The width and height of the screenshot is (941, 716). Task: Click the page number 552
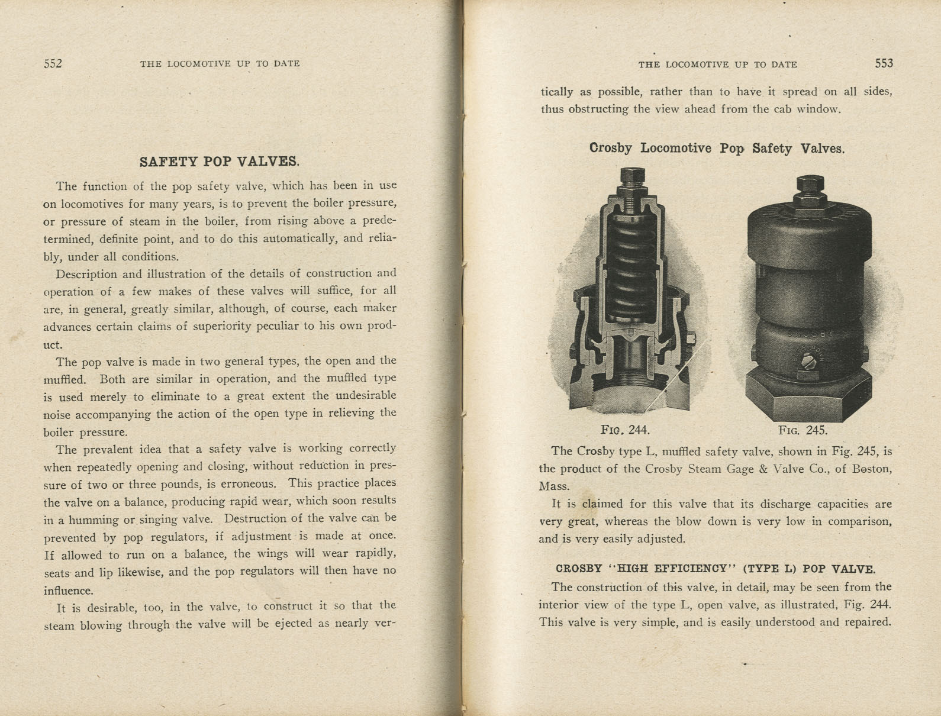click(x=53, y=64)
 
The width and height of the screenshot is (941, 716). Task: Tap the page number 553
click(x=884, y=63)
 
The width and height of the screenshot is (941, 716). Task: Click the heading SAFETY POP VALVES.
click(x=219, y=162)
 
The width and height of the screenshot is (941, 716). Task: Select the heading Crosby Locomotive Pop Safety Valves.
click(x=717, y=148)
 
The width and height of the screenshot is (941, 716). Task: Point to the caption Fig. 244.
click(x=624, y=430)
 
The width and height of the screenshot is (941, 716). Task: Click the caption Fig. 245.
click(x=803, y=430)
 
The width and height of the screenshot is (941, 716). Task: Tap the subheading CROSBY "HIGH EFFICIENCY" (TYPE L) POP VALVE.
click(x=715, y=569)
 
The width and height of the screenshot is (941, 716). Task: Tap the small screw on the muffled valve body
click(x=805, y=375)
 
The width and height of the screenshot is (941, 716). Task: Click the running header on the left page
click(x=220, y=64)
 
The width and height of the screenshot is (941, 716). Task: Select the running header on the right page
click(x=717, y=64)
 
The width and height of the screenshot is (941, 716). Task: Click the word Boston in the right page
click(x=871, y=469)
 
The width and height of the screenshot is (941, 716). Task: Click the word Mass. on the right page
click(x=553, y=486)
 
